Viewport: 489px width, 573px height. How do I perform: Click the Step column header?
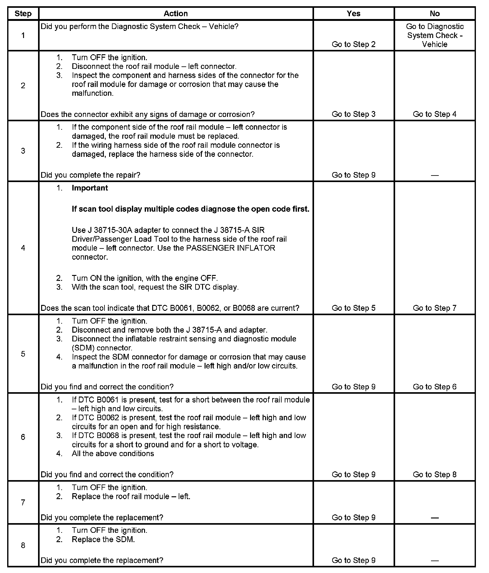coord(23,14)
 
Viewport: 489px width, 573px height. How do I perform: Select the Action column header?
coord(176,14)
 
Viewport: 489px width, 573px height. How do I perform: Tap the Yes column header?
coord(353,14)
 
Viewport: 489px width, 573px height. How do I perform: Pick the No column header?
coord(434,14)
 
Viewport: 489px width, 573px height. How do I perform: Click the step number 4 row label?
coord(23,248)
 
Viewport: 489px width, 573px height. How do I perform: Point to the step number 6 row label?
coord(23,437)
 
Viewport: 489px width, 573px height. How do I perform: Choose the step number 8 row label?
coord(23,545)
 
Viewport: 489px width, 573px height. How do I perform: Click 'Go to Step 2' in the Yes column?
coord(353,44)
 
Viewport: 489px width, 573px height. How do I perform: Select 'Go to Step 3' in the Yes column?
coord(353,114)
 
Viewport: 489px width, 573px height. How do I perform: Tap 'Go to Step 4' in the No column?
coord(434,114)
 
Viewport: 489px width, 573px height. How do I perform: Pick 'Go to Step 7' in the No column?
coord(434,308)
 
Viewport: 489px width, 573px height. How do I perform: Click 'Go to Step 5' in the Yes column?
coord(353,308)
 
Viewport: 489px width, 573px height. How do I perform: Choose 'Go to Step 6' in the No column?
coord(434,387)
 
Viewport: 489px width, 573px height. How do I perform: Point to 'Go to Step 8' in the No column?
coord(434,474)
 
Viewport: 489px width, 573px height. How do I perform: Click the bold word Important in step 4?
coord(90,188)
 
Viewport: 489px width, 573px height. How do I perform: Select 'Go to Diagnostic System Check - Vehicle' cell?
coord(434,36)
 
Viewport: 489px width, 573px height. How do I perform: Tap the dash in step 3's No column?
coord(434,175)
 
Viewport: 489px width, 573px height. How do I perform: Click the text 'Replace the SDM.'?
coord(103,539)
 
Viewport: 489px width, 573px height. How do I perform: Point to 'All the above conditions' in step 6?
coord(113,454)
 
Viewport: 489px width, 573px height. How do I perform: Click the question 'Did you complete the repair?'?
coord(90,175)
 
